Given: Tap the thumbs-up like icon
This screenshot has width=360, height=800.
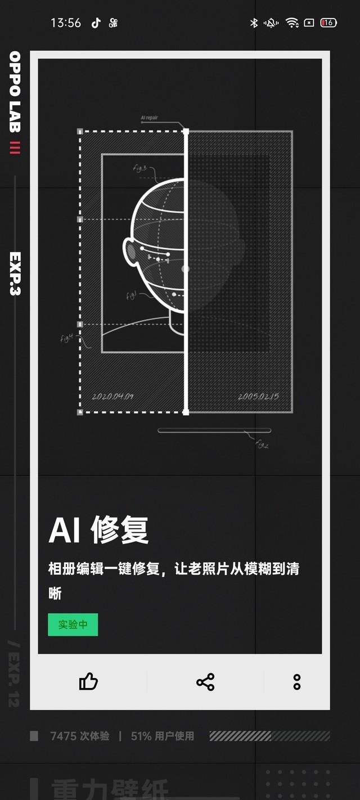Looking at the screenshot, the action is (88, 682).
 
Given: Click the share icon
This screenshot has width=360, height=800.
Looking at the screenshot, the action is (205, 682).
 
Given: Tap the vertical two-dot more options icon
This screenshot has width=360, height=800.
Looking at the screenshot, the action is (297, 682).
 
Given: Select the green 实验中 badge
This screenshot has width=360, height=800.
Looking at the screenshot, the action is (73, 624).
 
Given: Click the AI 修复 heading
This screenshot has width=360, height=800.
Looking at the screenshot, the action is (98, 530).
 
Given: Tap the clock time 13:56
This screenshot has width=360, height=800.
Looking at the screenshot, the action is (66, 23).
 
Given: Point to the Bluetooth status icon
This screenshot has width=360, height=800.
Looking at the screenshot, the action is (254, 23).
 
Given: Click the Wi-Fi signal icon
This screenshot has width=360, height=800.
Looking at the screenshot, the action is (291, 23).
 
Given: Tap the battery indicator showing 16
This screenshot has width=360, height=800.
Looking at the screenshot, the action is (328, 23).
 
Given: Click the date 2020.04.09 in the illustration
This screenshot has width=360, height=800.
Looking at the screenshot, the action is (112, 396).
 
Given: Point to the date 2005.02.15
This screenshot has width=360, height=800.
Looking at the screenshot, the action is (258, 396).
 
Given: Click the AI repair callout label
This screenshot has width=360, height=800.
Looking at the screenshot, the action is (150, 118).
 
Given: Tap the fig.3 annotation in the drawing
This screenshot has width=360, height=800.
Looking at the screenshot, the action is (139, 168).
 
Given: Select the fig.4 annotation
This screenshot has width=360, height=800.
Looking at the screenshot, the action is (67, 338).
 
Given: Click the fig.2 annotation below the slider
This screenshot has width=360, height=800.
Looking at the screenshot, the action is (262, 444).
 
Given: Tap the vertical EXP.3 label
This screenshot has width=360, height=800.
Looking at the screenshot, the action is (15, 273).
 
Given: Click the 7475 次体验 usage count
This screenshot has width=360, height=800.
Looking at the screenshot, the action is (79, 736).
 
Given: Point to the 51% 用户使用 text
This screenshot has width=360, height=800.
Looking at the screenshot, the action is (163, 736).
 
